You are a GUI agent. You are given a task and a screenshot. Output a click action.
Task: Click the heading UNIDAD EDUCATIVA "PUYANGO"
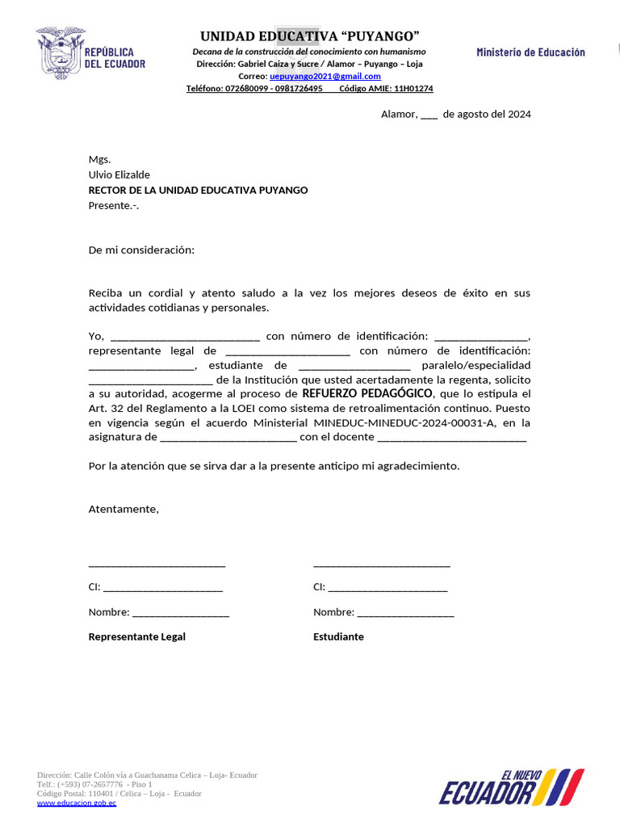click(309, 36)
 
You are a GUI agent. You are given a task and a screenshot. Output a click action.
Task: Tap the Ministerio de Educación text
click(530, 52)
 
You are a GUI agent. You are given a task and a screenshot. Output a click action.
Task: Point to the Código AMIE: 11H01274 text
click(386, 89)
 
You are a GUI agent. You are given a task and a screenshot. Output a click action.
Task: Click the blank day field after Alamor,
click(429, 115)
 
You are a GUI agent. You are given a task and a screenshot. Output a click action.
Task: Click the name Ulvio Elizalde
click(119, 174)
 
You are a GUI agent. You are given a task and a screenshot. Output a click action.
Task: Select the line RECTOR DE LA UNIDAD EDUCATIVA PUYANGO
click(198, 190)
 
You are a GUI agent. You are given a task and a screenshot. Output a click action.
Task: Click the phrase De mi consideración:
click(141, 250)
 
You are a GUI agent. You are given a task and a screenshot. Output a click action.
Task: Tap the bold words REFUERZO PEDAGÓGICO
click(367, 393)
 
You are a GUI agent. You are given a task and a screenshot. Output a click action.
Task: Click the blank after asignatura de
click(228, 438)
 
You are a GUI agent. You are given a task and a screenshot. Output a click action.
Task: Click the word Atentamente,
click(124, 509)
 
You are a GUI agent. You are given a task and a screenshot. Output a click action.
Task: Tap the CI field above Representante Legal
click(162, 588)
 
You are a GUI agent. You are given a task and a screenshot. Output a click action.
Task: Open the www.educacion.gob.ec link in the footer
click(77, 804)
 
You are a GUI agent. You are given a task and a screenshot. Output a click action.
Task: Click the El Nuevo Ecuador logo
click(511, 787)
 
